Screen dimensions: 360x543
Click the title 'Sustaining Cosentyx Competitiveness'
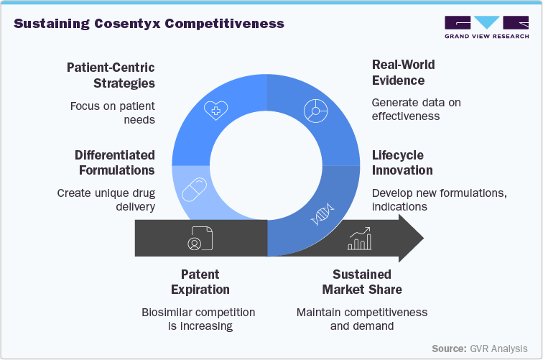point(149,24)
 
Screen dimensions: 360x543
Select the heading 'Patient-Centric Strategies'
point(111,75)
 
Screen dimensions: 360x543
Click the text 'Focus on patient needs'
point(112,113)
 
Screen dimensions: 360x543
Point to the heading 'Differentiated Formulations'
point(115,163)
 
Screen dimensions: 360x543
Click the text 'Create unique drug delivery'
point(106,200)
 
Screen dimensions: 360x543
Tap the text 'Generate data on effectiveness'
point(416,109)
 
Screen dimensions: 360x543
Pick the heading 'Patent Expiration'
point(200,282)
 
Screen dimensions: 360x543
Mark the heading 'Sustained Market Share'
point(362,282)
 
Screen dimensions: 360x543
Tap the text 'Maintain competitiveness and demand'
point(362,319)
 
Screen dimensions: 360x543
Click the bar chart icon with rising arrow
point(358,239)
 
